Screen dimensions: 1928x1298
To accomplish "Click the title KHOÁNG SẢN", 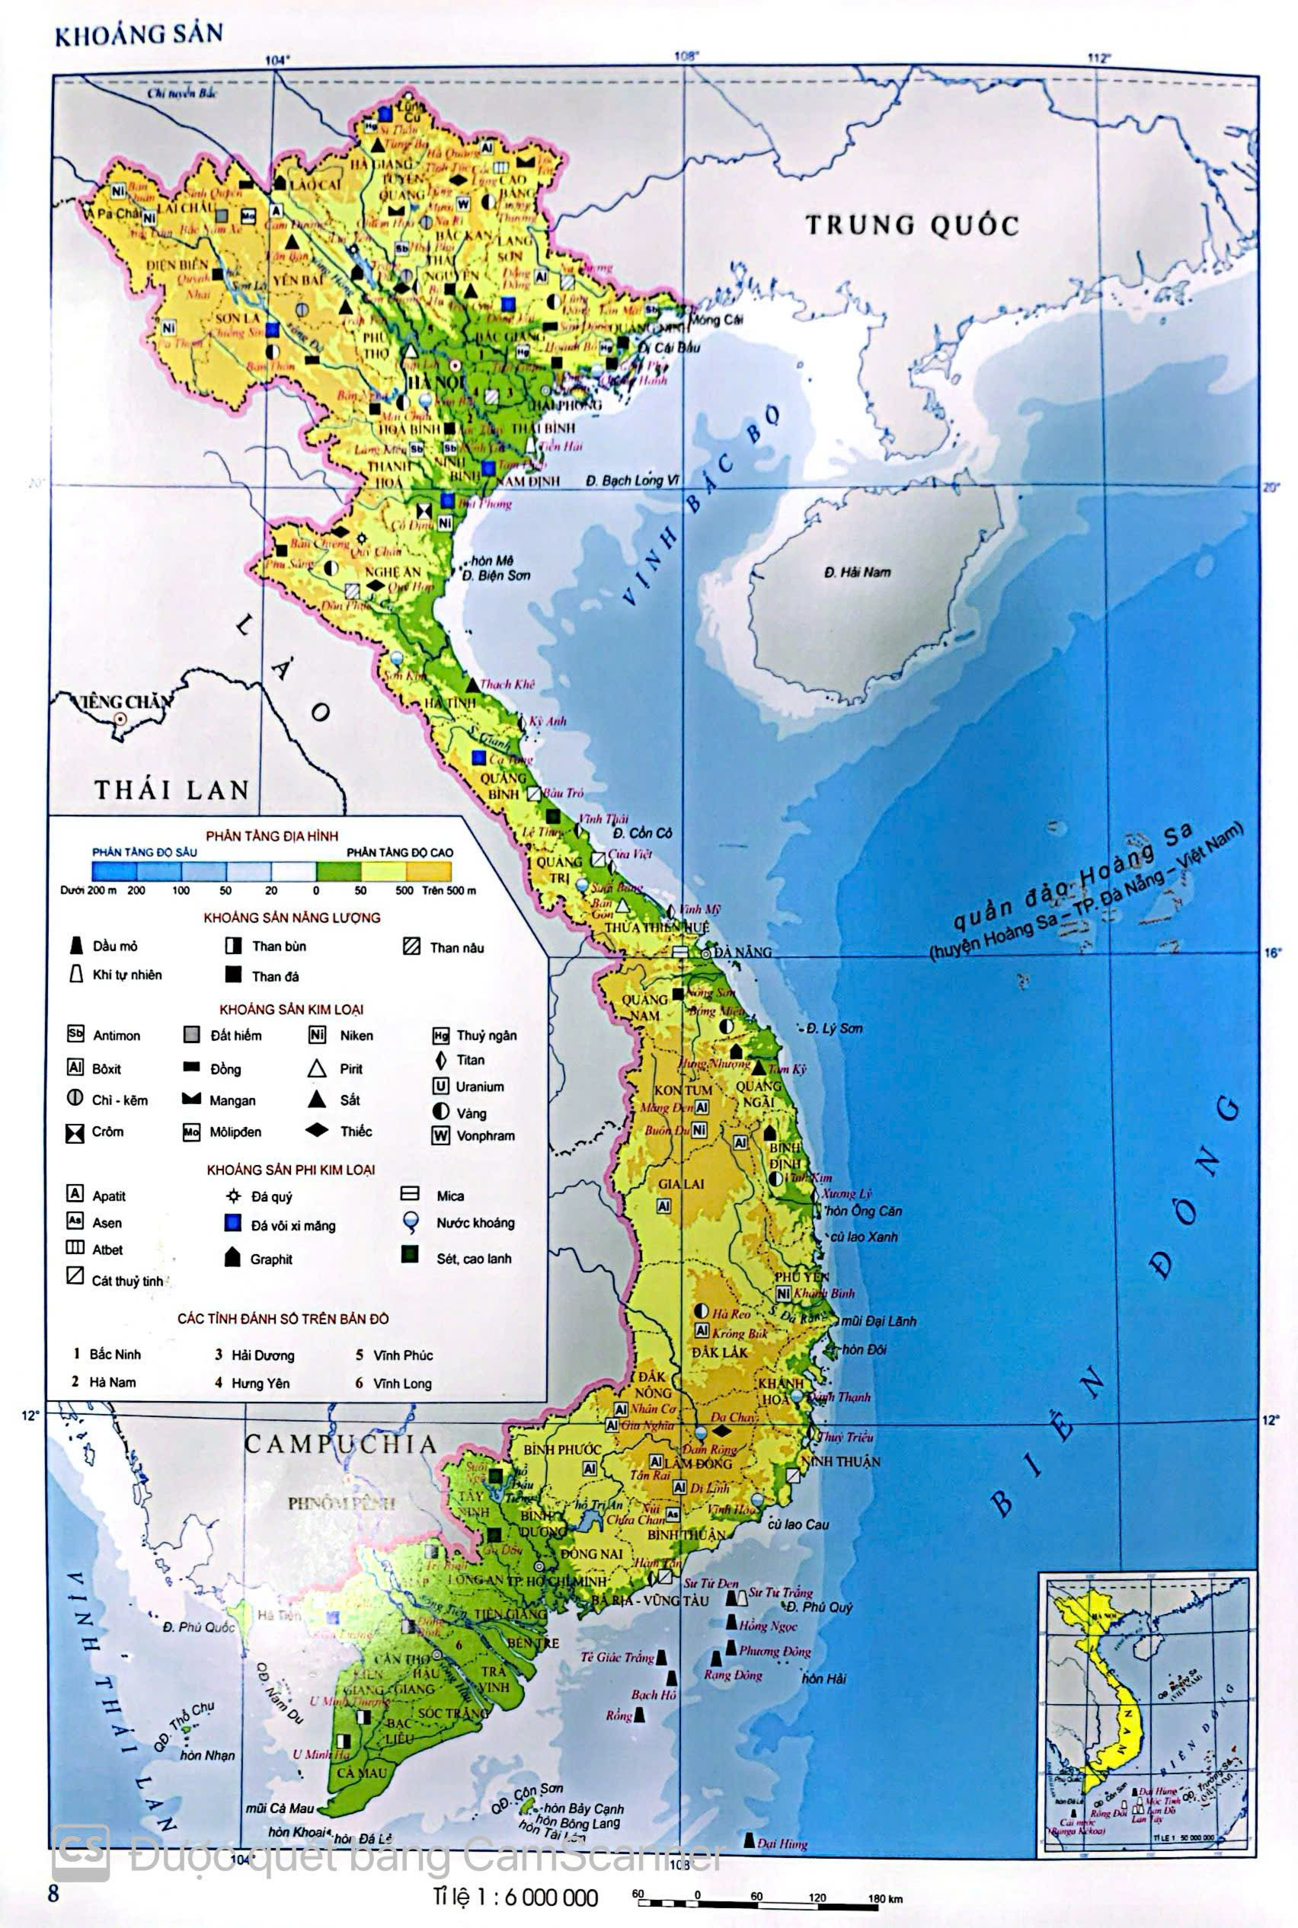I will pos(138,35).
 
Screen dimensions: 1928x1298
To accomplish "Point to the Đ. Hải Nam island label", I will pos(857,572).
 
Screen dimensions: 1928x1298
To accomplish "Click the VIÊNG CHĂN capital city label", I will pos(123,703).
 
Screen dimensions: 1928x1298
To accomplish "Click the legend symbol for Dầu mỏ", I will pos(76,946).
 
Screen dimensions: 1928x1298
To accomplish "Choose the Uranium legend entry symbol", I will pos(440,1087).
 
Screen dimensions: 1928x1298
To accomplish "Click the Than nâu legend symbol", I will pos(411,946).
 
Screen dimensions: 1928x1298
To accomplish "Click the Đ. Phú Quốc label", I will pos(199,1626).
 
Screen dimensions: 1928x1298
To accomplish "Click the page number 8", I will pos(55,1893).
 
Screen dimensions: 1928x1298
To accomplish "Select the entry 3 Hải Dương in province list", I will pos(255,1355).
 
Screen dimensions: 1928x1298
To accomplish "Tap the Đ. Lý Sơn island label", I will pos(834,1029).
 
